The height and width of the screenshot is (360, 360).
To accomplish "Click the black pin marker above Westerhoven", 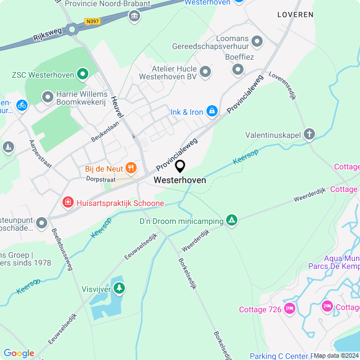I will (x=180, y=166).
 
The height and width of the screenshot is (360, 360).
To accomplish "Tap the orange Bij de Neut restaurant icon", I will (x=131, y=167).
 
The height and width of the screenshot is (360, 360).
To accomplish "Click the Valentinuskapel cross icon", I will (x=309, y=134).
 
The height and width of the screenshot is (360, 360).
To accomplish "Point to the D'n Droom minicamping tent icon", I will (x=231, y=220).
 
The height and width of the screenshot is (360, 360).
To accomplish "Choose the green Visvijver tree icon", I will (x=119, y=289).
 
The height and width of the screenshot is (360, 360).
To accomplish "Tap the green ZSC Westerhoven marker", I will (x=83, y=73).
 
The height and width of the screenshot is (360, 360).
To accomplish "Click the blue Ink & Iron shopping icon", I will (x=212, y=112).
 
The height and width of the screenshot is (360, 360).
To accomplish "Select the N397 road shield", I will (x=92, y=22).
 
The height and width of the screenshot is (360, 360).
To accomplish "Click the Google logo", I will (x=19, y=353).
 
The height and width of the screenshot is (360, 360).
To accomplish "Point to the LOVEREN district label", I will (x=295, y=15).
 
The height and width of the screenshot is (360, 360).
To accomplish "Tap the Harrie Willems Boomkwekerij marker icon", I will (x=47, y=98).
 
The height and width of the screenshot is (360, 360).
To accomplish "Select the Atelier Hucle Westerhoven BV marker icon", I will (x=205, y=71).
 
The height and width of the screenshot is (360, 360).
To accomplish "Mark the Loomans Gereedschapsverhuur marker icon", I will (x=258, y=41).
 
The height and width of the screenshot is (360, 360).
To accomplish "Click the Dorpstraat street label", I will (x=101, y=178).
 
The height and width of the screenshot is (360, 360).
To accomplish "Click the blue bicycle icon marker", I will (x=21, y=105).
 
